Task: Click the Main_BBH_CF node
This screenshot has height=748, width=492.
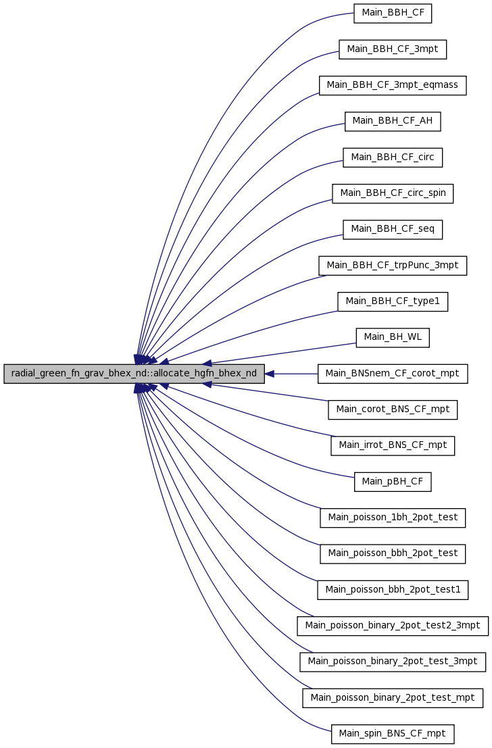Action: point(392,13)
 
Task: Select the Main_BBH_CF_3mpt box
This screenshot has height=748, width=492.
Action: point(392,49)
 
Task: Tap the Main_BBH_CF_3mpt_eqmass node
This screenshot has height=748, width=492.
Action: point(392,85)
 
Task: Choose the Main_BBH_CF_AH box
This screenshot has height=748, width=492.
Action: point(392,121)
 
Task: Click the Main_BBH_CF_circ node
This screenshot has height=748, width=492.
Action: point(392,157)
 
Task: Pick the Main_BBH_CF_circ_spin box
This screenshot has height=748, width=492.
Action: point(392,193)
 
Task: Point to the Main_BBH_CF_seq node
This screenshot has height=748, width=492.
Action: point(392,230)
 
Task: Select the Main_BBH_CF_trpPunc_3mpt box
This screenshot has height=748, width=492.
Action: point(392,266)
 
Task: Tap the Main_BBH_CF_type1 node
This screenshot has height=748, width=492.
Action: point(392,301)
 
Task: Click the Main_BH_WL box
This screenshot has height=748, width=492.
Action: point(392,337)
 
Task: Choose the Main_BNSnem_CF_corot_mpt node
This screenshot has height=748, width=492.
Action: point(392,374)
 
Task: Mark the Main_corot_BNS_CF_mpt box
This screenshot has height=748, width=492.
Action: point(392,409)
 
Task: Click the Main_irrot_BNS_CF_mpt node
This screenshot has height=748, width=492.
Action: point(392,445)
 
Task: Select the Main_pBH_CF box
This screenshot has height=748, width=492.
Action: point(392,482)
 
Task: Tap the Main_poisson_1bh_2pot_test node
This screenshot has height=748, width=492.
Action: point(392,518)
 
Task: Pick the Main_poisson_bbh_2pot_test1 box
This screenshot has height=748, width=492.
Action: point(392,590)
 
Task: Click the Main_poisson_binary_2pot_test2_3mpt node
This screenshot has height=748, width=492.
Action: point(392,626)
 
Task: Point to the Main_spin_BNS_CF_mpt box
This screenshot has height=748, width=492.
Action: point(392,734)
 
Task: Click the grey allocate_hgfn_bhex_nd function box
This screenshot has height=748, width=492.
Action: point(134,374)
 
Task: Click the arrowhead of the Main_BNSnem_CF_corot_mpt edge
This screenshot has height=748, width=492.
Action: point(270,374)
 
